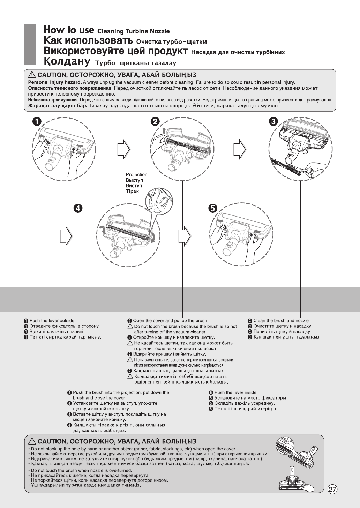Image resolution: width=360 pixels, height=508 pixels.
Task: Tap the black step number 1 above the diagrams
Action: pos(37,121)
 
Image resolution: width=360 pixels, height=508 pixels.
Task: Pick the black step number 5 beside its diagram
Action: pos(213,208)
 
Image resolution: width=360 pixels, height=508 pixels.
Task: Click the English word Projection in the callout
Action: pos(136,175)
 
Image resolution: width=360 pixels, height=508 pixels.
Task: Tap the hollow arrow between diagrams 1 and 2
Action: pos(123,150)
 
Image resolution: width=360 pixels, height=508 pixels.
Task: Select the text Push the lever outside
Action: pos(52,321)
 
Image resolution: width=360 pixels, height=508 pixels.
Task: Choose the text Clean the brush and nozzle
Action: pos(282,321)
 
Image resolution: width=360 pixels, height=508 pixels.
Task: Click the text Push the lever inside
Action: pos(236,393)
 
